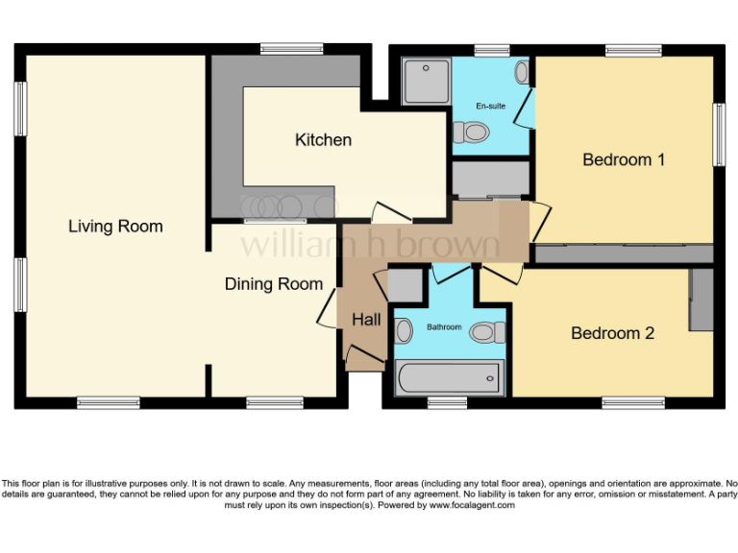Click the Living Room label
point(115,227)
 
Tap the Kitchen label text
point(323,140)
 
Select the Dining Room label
point(274,284)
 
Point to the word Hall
point(366,320)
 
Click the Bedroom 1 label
point(624,159)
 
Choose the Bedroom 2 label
point(612,333)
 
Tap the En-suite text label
point(490,106)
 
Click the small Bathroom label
point(444,327)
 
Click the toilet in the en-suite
point(471,132)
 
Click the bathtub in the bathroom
point(449,376)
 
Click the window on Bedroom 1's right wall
point(718,134)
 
